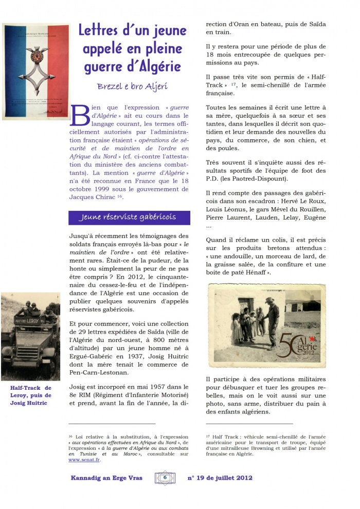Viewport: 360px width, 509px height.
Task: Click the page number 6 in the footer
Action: point(165,477)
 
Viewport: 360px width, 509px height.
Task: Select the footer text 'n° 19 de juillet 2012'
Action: point(220,478)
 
